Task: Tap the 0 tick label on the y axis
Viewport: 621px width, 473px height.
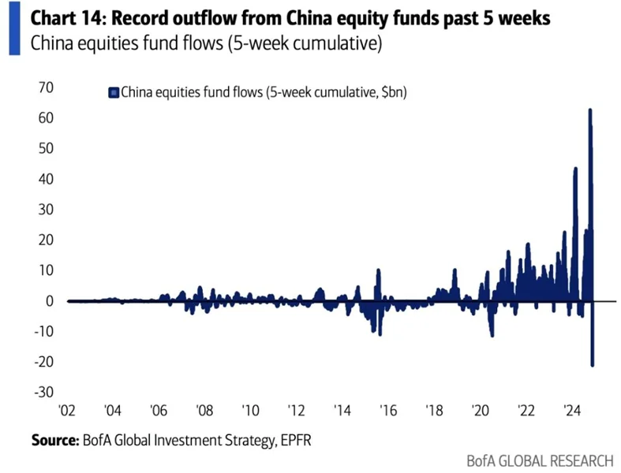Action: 49,301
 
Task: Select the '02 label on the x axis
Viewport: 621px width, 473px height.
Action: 68,411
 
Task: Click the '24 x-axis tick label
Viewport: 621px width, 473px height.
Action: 572,411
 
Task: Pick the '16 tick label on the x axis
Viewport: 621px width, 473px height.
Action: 387,411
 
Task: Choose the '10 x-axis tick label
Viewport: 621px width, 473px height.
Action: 250,411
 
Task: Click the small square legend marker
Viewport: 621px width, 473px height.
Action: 112,93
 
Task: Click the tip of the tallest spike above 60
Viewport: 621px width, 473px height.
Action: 590,110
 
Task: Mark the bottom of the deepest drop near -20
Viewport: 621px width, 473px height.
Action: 592,365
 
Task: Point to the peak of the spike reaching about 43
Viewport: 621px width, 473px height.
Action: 575,168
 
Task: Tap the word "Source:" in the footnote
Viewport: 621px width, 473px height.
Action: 54,440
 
